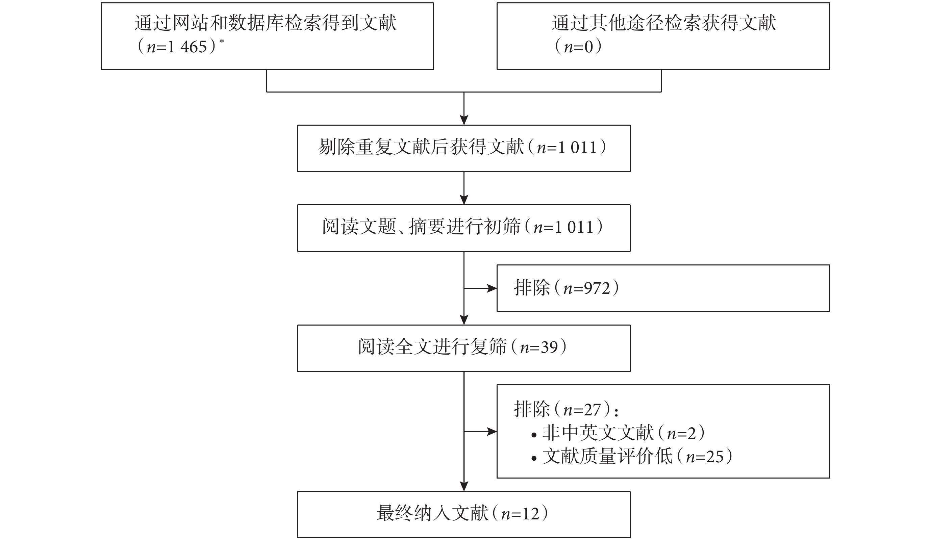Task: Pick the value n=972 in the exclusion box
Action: click(x=587, y=288)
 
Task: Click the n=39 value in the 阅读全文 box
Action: click(x=539, y=348)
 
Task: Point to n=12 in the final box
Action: click(x=520, y=514)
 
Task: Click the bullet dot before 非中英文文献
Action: click(x=534, y=435)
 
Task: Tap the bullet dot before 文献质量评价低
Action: click(x=534, y=459)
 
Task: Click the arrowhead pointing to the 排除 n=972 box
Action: click(x=492, y=288)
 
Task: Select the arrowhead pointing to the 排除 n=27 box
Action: click(x=492, y=431)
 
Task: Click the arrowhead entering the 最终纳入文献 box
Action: click(x=464, y=487)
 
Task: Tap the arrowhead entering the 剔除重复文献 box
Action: click(x=464, y=121)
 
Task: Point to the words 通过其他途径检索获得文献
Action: click(x=664, y=23)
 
